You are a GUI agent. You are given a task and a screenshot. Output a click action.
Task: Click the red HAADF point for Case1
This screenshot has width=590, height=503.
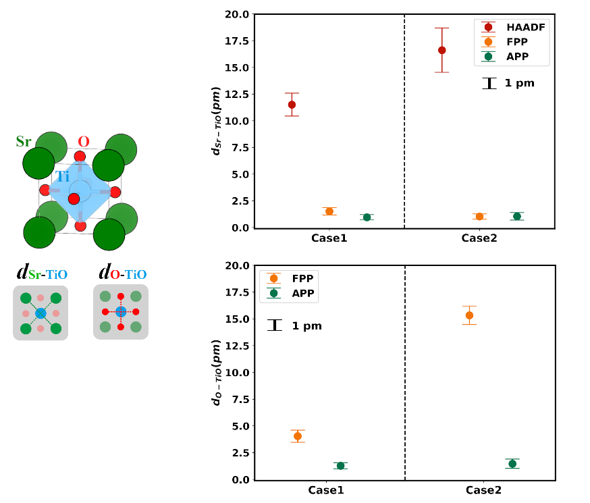(x=292, y=105)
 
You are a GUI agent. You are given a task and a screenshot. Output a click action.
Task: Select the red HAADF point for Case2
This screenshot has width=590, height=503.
(x=442, y=50)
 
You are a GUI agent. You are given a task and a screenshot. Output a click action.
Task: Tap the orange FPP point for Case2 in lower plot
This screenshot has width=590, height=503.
(x=469, y=315)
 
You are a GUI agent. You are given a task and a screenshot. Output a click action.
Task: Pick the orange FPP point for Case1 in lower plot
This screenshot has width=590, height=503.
(x=298, y=436)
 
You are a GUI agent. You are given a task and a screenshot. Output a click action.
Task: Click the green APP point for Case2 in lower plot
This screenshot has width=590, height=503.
(x=512, y=464)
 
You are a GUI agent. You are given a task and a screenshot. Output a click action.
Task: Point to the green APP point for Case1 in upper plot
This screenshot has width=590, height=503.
(x=367, y=217)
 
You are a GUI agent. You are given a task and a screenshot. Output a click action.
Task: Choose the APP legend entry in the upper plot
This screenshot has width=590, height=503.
(x=516, y=56)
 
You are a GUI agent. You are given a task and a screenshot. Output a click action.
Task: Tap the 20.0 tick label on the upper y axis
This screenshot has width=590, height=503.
(x=237, y=14)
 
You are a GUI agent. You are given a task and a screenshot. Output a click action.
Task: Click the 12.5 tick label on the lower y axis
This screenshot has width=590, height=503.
(x=237, y=319)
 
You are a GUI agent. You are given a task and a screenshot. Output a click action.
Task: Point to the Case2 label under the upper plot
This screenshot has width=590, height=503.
(x=479, y=238)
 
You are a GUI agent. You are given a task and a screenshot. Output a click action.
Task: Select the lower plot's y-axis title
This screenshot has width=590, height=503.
(x=217, y=373)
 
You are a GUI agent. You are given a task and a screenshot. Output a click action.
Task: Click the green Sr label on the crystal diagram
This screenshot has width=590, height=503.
(x=24, y=142)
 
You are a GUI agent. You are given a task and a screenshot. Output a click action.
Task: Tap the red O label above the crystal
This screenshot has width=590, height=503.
(x=83, y=142)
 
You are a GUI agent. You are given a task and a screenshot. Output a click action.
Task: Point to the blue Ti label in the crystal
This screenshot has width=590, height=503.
(x=62, y=177)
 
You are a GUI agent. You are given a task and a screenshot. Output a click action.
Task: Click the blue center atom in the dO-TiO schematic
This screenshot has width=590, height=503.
(x=121, y=311)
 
